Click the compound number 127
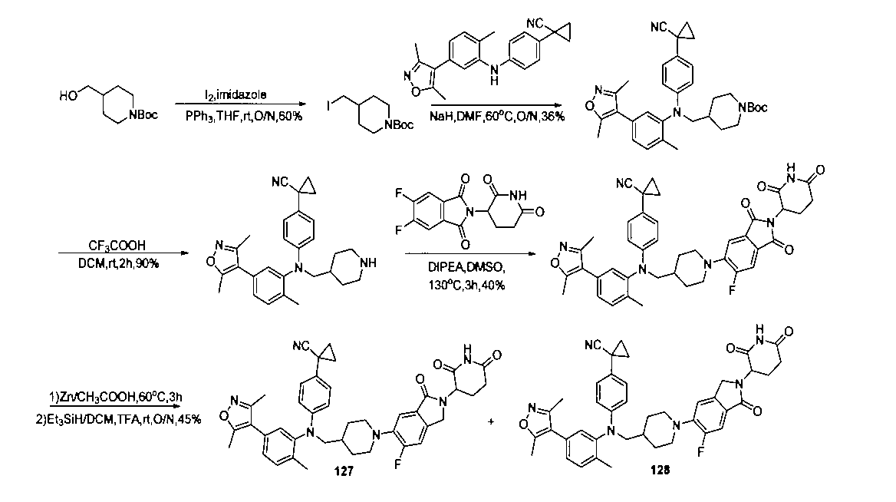click(x=344, y=471)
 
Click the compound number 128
click(x=660, y=470)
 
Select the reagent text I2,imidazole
click(x=236, y=94)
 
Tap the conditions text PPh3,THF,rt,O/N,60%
click(x=244, y=116)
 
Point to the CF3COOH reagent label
click(x=117, y=246)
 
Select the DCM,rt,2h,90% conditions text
click(x=118, y=263)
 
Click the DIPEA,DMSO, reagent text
click(x=466, y=266)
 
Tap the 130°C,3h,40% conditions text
click(x=467, y=285)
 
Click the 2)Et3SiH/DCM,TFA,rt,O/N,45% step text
click(x=118, y=419)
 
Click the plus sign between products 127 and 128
click(x=492, y=422)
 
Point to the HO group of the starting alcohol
click(x=68, y=96)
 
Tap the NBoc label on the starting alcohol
click(x=143, y=115)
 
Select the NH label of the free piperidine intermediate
click(x=369, y=263)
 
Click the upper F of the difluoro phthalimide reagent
click(x=400, y=194)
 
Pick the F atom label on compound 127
click(x=397, y=465)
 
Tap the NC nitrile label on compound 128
click(x=593, y=345)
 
